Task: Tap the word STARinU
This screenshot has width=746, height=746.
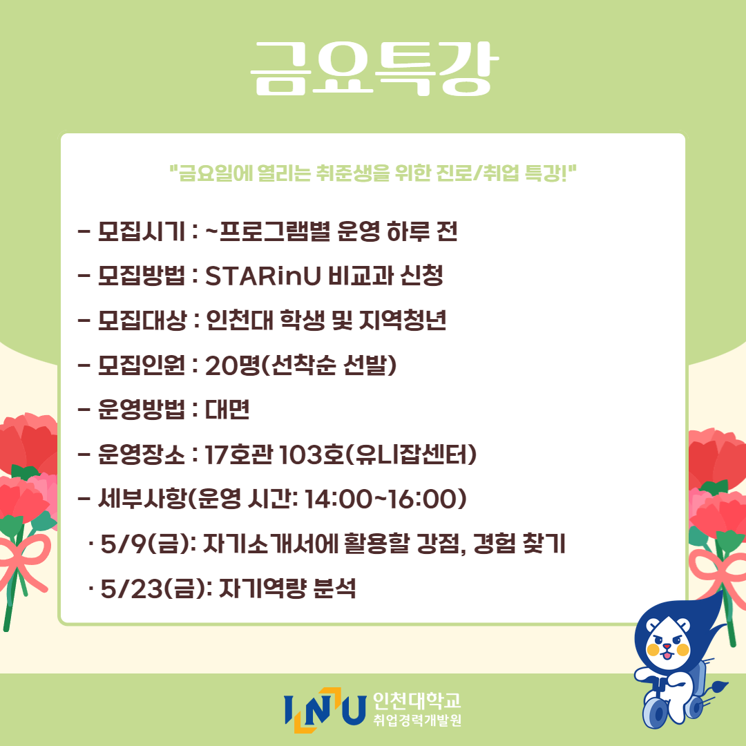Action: point(263,276)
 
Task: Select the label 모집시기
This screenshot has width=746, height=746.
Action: point(142,231)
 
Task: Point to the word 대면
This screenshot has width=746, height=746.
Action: point(227,410)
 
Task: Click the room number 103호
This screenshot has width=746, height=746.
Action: point(312,455)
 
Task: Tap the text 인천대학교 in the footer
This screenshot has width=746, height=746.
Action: point(417,700)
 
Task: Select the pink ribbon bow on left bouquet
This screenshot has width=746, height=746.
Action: point(23,562)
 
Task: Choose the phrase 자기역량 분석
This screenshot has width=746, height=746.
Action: point(287,589)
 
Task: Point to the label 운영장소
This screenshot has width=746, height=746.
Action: point(142,455)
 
